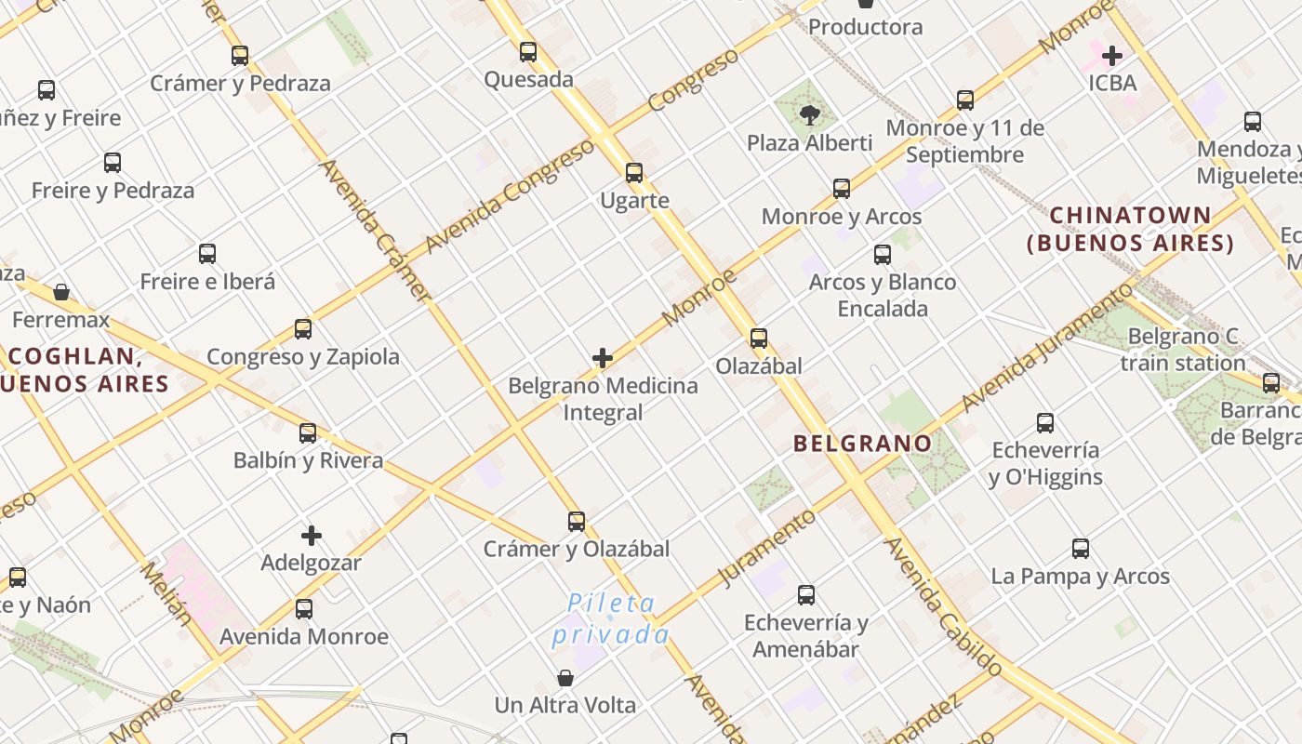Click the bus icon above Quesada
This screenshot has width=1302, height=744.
point(528,52)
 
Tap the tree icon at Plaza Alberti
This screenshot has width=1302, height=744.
point(810,115)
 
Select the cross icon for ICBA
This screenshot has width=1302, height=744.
point(1111,55)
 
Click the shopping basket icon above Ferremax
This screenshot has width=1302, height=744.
point(61,292)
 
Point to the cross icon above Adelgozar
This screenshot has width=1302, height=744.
point(312,536)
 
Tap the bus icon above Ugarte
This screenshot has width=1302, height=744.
point(634,173)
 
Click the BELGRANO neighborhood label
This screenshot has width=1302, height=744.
point(862,444)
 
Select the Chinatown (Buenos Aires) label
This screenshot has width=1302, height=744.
point(1131,230)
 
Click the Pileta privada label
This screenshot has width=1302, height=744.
point(611,619)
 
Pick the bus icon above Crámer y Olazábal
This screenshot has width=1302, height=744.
point(577,522)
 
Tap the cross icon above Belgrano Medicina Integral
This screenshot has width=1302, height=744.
point(603,358)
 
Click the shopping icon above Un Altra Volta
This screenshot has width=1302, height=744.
point(565,678)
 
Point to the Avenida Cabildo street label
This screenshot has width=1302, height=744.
point(942,606)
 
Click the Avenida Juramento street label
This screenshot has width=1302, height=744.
point(1046,350)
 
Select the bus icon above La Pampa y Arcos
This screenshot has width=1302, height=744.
point(1080,549)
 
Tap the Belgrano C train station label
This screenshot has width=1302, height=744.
point(1182,349)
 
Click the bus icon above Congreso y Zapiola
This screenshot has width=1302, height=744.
point(303,329)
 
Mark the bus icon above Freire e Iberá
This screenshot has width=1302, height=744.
point(207,254)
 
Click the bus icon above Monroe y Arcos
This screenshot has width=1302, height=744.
point(842,189)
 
